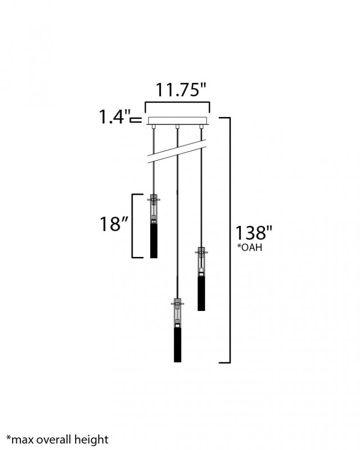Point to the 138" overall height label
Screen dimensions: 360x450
253,233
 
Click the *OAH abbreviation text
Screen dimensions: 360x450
249,247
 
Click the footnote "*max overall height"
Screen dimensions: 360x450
57,440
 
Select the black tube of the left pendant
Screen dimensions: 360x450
154,240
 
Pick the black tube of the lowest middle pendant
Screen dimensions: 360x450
178,345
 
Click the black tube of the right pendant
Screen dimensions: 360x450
201,293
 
